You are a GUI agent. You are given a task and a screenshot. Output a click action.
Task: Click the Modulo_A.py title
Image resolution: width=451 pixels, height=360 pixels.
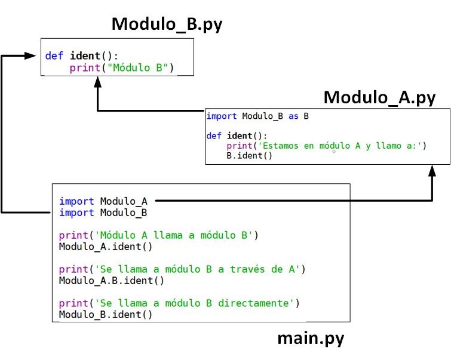(379, 97)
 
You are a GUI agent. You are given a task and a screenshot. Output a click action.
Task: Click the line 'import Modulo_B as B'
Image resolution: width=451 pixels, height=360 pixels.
(257, 116)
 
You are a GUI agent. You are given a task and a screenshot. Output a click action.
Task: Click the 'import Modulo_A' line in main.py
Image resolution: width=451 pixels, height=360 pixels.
(103, 201)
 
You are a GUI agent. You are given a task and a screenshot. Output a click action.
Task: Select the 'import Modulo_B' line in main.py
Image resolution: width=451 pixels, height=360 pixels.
(103, 213)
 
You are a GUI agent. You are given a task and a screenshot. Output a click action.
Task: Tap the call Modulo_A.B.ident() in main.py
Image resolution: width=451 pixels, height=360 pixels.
(111, 280)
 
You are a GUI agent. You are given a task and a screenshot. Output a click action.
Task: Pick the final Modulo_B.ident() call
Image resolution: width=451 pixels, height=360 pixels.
(106, 314)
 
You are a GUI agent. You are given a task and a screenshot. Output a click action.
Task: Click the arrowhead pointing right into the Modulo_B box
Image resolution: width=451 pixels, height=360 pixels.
(31, 56)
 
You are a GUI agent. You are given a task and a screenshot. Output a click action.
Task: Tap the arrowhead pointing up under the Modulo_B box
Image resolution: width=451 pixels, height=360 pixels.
(97, 84)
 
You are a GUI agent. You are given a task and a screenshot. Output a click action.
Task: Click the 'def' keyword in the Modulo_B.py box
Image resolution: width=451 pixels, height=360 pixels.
(54, 56)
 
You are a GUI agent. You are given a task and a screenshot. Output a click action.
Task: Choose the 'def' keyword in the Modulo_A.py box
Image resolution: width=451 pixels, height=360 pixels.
(214, 136)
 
